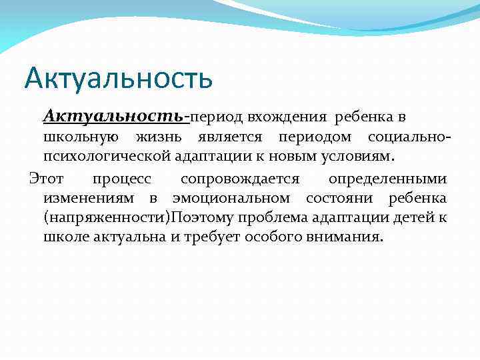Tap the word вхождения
297,117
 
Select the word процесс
122,179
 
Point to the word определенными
387,179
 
